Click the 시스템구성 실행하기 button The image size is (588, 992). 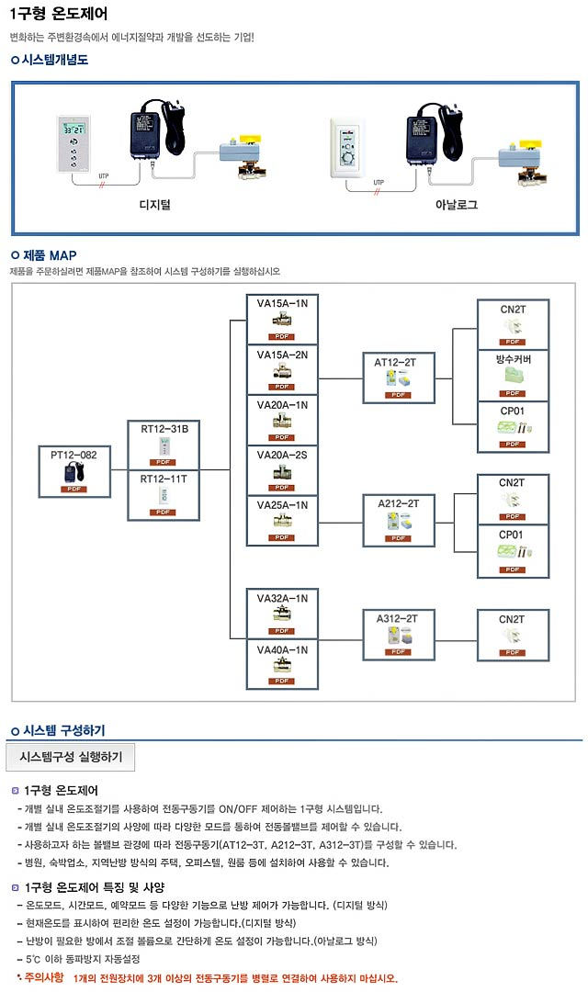pos(71,757)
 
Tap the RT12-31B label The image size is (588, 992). pos(164,428)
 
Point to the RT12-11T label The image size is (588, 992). pos(164,479)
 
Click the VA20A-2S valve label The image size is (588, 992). pos(282,455)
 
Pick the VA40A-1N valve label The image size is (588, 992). pos(282,649)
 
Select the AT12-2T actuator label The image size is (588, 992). pos(395,362)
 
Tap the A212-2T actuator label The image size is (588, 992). pos(399,502)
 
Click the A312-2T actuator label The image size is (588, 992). pos(397,618)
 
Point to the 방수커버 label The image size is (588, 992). pos(513,358)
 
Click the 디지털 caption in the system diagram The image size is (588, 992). pos(153,204)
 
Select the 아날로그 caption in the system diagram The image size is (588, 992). pos(457,204)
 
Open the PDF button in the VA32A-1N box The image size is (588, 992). pos(282,630)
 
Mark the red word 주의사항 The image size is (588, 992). pos(44,977)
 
